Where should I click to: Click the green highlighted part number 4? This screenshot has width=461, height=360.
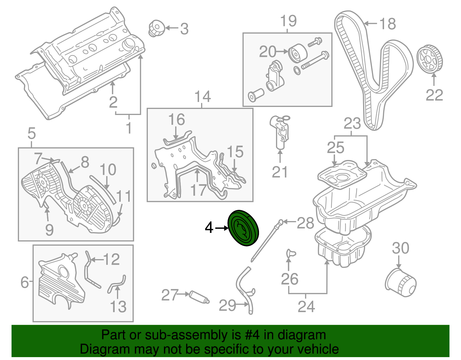click(x=243, y=228)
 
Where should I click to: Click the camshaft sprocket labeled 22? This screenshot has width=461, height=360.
click(x=430, y=60)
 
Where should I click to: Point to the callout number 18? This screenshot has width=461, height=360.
click(x=387, y=24)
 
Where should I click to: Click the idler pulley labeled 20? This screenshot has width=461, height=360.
click(x=298, y=53)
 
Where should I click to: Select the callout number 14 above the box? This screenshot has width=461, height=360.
click(x=203, y=97)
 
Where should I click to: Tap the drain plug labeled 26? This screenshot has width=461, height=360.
click(x=290, y=253)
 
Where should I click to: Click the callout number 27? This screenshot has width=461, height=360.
click(x=170, y=295)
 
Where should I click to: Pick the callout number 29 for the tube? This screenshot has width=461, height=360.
click(x=227, y=305)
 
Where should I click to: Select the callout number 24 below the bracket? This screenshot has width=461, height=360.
click(x=306, y=306)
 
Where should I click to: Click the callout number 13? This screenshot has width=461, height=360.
click(x=118, y=306)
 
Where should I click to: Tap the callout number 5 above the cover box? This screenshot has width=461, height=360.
click(x=31, y=133)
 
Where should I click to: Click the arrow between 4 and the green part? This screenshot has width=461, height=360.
click(x=221, y=228)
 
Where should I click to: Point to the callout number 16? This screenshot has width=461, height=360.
click(x=176, y=119)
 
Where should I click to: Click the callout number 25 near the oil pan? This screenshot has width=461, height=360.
click(x=335, y=148)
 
